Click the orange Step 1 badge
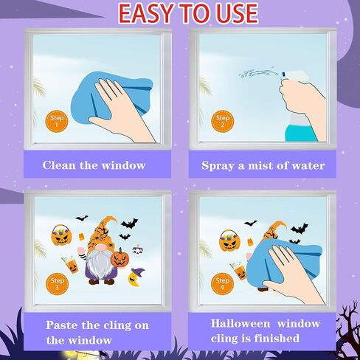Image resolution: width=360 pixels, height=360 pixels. (x=57, y=121)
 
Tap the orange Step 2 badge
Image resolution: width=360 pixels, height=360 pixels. (x=223, y=121)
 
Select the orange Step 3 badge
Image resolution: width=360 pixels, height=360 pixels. (x=57, y=284)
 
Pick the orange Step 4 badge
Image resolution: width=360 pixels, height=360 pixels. (x=222, y=283)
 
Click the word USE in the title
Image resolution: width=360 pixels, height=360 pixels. (x=237, y=13)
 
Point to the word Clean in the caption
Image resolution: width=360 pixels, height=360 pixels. (x=59, y=165)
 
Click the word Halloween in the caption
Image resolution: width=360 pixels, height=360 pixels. (x=240, y=323)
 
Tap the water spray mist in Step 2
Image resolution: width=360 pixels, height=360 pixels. (x=258, y=73)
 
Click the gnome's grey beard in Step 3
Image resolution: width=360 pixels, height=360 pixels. (x=100, y=264)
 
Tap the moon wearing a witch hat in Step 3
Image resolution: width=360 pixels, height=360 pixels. (x=136, y=277)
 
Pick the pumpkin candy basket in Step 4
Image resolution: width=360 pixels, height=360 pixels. (x=229, y=240)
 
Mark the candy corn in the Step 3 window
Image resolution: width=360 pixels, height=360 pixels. (x=81, y=237)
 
